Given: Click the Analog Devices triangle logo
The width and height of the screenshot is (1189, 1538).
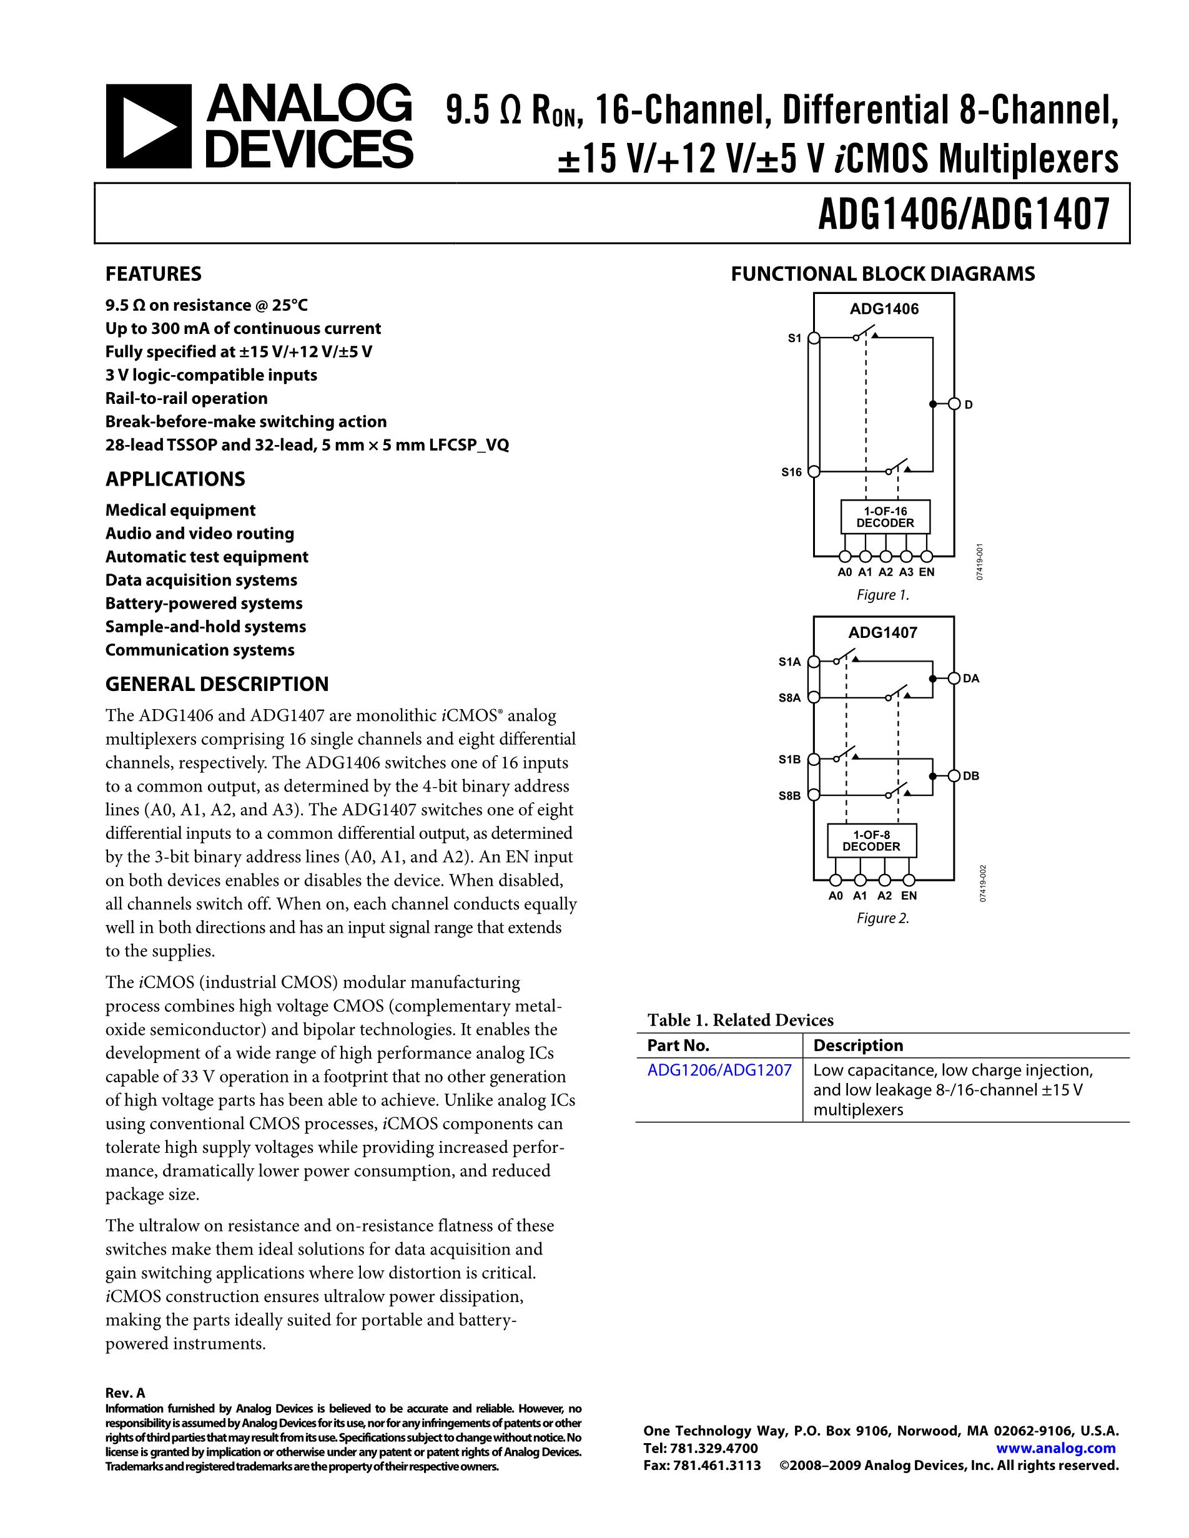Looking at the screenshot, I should (149, 127).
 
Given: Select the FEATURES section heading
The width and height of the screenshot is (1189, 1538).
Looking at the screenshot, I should (153, 274).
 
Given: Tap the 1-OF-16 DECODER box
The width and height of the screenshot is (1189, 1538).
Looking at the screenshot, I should (885, 517).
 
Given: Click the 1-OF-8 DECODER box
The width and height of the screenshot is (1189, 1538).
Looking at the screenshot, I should (871, 841).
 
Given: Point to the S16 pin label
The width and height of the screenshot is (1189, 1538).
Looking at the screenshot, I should (791, 473).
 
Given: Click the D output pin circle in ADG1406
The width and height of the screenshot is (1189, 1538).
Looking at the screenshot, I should (954, 404).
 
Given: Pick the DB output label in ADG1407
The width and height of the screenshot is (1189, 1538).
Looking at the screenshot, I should (971, 776).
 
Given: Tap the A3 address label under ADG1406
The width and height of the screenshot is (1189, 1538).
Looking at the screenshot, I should (906, 572).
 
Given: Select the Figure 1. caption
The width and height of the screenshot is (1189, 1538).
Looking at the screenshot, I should (882, 595).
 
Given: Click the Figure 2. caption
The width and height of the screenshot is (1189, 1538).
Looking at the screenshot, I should (882, 918).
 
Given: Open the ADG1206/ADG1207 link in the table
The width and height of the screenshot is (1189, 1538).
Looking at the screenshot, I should (719, 1070).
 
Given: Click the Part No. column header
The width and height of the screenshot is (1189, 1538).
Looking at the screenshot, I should (678, 1046).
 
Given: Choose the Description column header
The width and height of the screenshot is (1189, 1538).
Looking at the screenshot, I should (857, 1046).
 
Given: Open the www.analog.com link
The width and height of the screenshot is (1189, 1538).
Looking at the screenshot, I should (1056, 1449).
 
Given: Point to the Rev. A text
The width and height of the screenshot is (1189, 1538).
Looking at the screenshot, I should (125, 1393).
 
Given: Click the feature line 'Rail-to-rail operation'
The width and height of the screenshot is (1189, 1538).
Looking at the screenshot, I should (186, 399).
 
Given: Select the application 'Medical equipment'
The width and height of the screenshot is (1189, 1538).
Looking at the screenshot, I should (180, 510).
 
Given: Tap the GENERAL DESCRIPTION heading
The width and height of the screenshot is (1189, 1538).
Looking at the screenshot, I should (217, 685).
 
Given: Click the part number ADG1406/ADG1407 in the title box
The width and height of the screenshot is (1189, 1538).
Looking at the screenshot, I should (964, 213).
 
